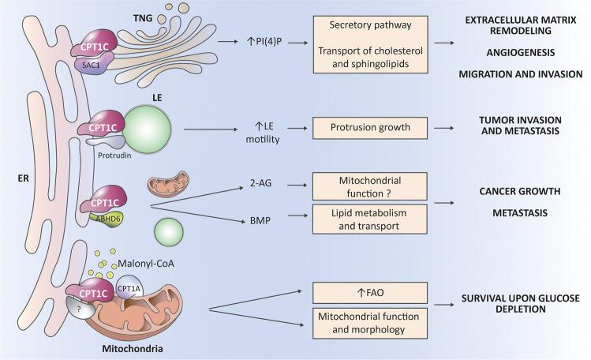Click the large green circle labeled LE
(x=145, y=124)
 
